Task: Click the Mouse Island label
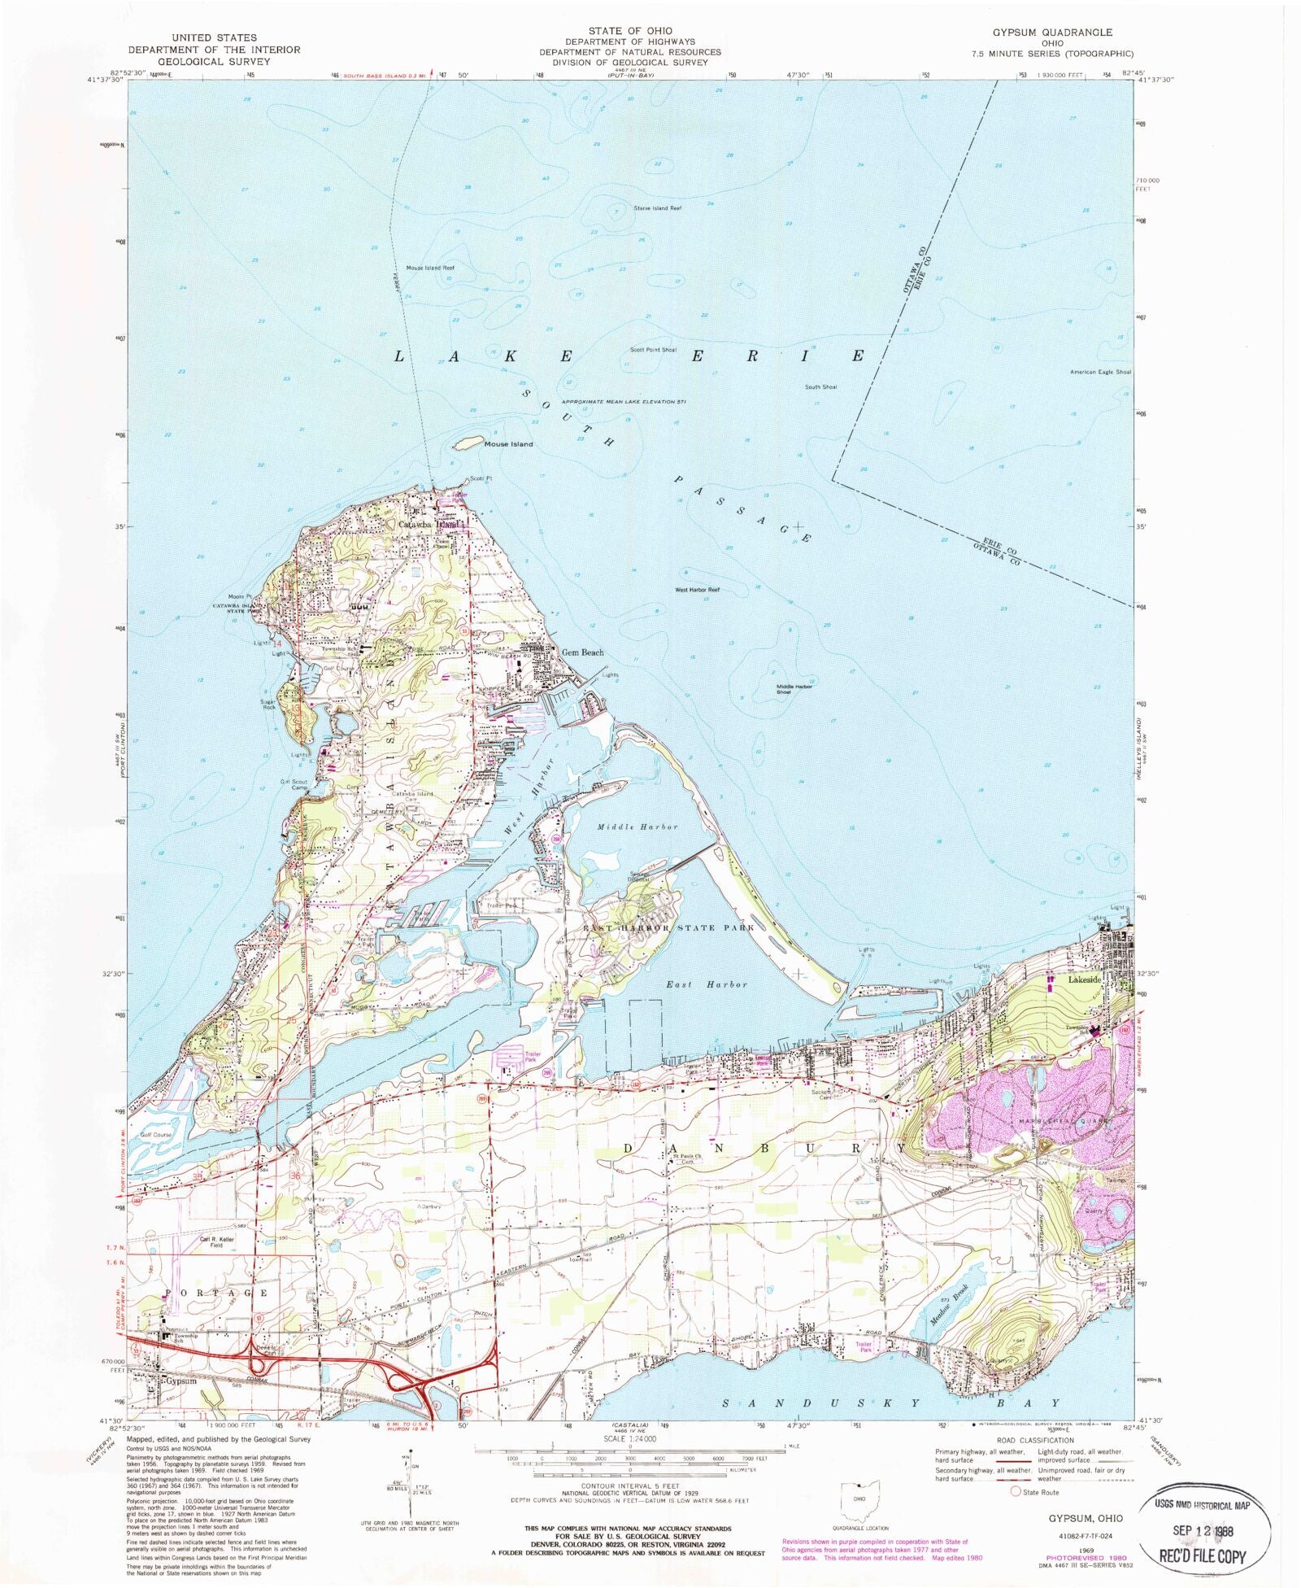508,444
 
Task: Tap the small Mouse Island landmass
466,444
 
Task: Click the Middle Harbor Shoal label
794,689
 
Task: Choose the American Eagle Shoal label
1101,372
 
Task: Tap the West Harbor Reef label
697,589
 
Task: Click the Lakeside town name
1084,980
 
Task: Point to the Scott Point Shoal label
653,350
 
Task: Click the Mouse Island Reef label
430,268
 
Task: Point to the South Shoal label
820,387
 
